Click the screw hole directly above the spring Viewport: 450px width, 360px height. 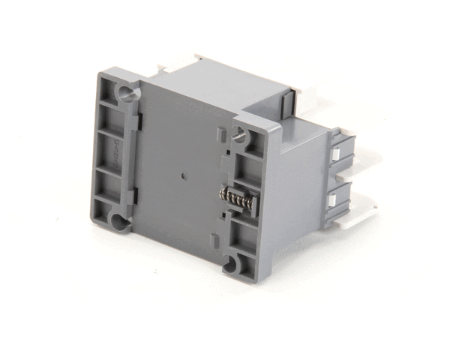(239, 135)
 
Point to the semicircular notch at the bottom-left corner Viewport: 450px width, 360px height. (116, 220)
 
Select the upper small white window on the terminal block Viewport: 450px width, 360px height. (338, 152)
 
